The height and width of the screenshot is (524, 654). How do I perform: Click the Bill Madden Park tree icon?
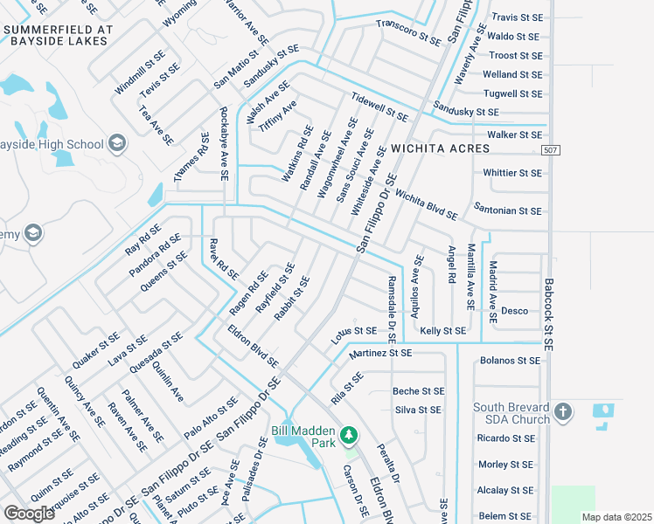pyautogui.click(x=349, y=434)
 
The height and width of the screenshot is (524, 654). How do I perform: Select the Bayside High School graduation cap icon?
pyautogui.click(x=118, y=144)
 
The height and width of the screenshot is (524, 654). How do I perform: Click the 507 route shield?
pyautogui.click(x=549, y=151)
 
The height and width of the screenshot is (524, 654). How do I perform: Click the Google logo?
pyautogui.click(x=29, y=513)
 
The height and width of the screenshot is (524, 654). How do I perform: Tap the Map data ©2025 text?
pyautogui.click(x=616, y=516)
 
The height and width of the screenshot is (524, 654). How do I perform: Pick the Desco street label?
pyautogui.click(x=514, y=311)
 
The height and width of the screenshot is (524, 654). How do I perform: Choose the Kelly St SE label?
pyautogui.click(x=442, y=331)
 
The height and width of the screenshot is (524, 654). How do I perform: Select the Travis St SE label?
pyautogui.click(x=517, y=17)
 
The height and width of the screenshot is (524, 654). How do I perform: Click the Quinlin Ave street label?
pyautogui.click(x=167, y=383)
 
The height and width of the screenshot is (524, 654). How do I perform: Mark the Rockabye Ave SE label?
pyautogui.click(x=224, y=144)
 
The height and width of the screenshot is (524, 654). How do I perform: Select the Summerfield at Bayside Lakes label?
pyautogui.click(x=59, y=34)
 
